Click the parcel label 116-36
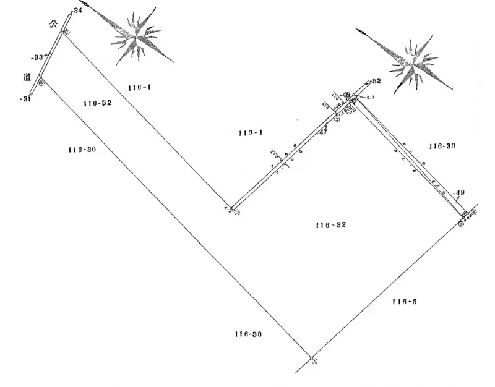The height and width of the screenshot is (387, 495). click(442, 146)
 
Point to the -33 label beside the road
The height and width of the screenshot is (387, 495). click(37, 57)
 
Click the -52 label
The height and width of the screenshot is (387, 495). click(376, 81)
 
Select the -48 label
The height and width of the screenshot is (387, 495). click(345, 95)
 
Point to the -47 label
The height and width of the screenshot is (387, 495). click(322, 132)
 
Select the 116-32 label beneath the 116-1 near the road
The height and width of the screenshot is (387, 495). click(97, 103)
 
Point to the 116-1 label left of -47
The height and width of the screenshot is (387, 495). click(250, 133)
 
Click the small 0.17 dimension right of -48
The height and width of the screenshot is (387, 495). click(371, 97)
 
